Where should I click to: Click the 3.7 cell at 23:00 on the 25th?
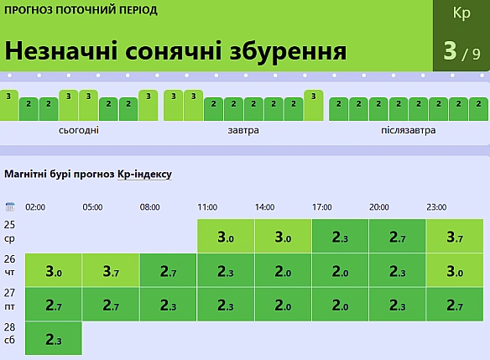point(455,236)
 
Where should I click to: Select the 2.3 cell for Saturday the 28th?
point(54,338)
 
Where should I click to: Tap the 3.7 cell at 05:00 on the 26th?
point(111,270)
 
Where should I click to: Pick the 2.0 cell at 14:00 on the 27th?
point(283,305)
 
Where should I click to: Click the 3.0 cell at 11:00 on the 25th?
point(226,236)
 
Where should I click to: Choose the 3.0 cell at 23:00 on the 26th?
point(455,270)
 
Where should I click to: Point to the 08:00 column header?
point(149,207)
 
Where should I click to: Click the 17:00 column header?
point(322,207)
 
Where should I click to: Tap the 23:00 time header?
point(436,207)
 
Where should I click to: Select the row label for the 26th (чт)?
point(10,265)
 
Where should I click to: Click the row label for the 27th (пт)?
point(10,300)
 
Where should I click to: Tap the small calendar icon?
point(10,206)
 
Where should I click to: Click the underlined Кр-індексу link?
point(144,174)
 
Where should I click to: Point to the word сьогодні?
point(79,130)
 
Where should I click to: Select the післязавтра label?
point(408,130)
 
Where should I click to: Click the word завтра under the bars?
point(243,130)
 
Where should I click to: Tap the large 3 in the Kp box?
point(450,50)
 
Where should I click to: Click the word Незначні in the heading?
point(61,51)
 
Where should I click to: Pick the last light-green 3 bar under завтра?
point(314,105)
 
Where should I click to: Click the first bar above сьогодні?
point(8,105)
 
